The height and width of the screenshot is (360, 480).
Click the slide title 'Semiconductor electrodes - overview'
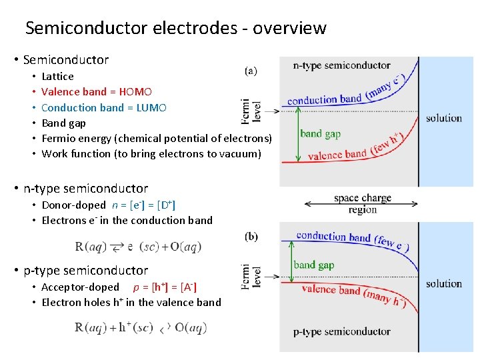(175, 28)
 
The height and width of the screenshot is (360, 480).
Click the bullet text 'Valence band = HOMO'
(97, 92)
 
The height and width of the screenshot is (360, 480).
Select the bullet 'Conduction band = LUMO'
(103, 107)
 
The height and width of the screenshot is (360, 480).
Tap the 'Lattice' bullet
(57, 77)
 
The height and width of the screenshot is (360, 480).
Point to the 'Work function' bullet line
(151, 154)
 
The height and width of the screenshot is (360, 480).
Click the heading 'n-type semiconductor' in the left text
(85, 189)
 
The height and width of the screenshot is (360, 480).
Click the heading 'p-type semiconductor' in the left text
(85, 270)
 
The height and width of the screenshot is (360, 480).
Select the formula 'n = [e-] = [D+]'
(144, 205)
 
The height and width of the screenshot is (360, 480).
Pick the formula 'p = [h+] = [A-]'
(165, 287)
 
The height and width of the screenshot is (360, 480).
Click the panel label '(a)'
(251, 70)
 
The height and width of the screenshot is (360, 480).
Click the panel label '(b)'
(251, 236)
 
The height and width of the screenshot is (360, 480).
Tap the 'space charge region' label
(363, 204)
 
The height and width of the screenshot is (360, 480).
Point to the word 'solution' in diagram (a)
(444, 118)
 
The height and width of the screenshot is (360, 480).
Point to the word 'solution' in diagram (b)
(444, 283)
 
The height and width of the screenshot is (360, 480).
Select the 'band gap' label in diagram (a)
(320, 133)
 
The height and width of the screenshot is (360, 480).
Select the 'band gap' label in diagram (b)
(314, 265)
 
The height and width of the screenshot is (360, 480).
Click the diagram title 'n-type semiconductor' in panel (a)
(342, 65)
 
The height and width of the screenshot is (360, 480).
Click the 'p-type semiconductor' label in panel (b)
(342, 331)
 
